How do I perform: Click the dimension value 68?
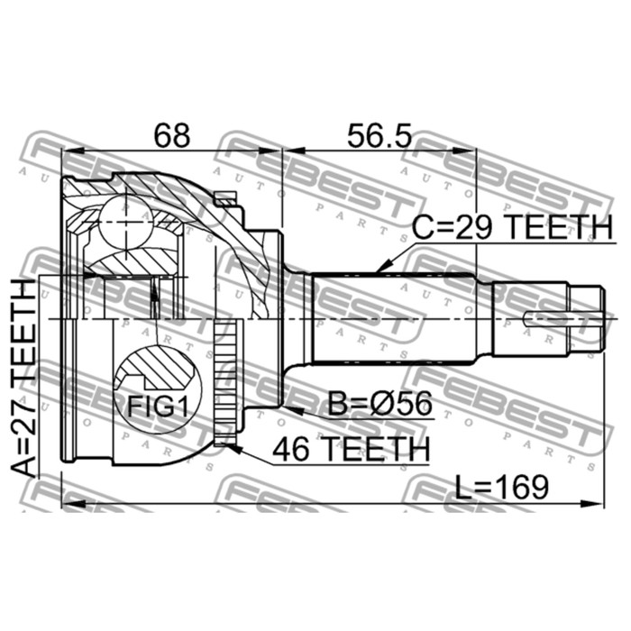pos(172,135)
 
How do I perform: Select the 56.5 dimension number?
pos(380,135)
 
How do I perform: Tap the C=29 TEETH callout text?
pos(512,227)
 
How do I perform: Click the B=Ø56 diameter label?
pos(380,404)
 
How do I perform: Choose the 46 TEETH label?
pos(351,449)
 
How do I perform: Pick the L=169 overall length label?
pos(502,488)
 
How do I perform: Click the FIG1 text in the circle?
pos(158,407)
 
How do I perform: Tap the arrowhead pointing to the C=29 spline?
pos(384,266)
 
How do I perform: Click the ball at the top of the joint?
pos(126,222)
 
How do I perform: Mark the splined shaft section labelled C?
pos(392,319)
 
